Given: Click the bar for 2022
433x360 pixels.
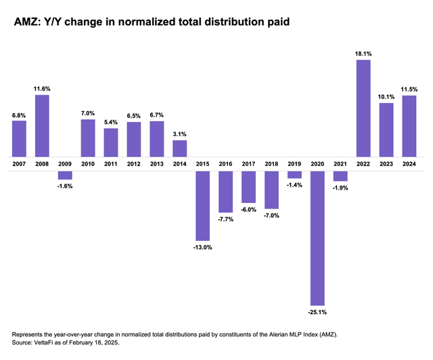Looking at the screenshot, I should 363,108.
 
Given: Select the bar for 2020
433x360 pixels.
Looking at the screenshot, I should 317,238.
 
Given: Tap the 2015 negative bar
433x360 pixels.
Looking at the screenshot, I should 203,205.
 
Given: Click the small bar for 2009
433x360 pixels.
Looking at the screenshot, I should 65,175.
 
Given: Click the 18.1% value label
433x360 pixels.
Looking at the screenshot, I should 363,54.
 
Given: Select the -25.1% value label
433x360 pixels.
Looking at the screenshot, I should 317,312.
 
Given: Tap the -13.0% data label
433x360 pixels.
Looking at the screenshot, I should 203,247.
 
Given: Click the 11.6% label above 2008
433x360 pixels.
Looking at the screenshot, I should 42,89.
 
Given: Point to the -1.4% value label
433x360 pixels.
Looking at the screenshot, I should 294,185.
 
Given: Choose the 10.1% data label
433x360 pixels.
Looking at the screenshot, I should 386,97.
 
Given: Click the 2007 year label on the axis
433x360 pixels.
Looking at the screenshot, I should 19,163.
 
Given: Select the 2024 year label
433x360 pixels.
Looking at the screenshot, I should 409,163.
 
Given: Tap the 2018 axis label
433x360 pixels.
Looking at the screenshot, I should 271,163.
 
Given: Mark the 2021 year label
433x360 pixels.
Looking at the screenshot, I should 340,163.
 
